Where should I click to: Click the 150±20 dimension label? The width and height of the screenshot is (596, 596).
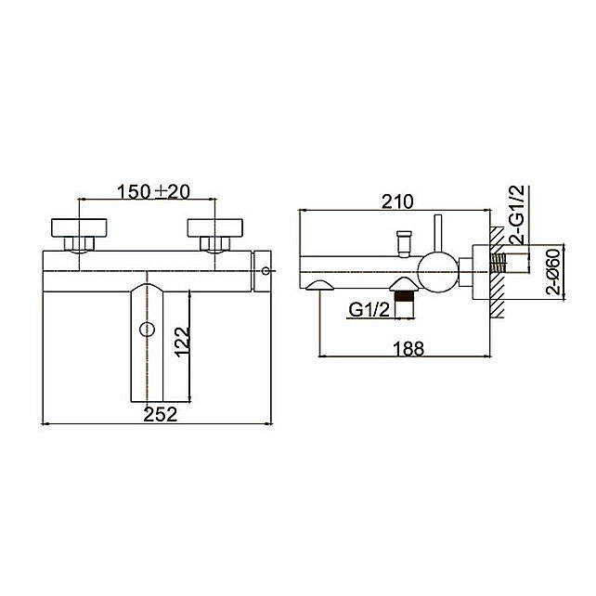pos(153,191)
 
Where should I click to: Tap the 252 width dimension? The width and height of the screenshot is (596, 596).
pos(161,414)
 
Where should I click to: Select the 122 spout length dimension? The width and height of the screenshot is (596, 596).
pos(182,342)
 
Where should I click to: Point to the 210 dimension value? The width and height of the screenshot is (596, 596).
pos(397,201)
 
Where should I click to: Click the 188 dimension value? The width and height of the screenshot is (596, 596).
pos(408,349)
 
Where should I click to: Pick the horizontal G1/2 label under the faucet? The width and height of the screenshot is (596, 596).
pos(369,310)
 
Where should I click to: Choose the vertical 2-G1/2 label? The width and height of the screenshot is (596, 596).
pos(517,214)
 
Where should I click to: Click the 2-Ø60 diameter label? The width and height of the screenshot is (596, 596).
pos(553,272)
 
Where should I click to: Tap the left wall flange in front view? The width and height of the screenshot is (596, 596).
pos(79,227)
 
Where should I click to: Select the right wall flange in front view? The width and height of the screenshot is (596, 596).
pos(215,227)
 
